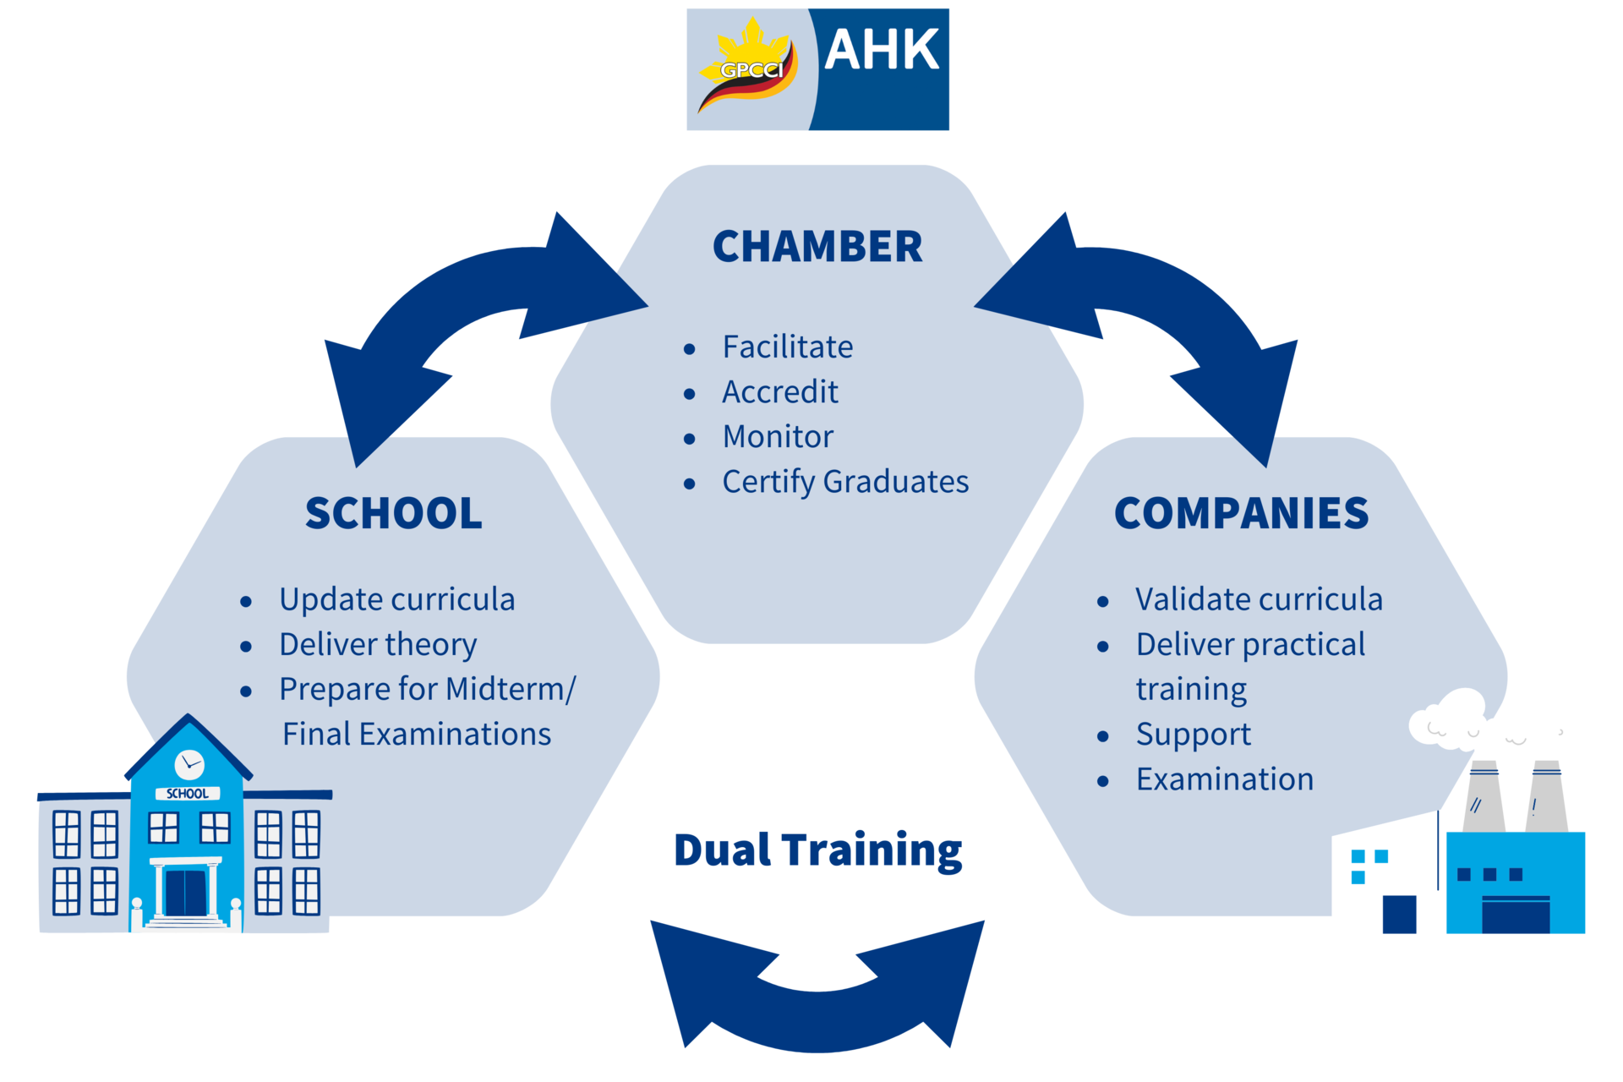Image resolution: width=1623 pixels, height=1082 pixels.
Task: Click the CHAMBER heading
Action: (817, 247)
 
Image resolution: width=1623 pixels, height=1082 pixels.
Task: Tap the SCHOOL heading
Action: (394, 513)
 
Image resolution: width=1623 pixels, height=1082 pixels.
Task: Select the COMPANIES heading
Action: (1241, 513)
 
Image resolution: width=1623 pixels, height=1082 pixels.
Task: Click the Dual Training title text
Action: (817, 850)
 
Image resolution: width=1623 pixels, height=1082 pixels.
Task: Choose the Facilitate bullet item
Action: (787, 347)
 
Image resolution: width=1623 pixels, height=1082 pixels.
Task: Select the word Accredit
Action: (779, 391)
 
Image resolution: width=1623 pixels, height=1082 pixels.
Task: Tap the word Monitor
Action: (778, 436)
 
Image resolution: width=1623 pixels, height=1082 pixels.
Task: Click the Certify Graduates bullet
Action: (845, 482)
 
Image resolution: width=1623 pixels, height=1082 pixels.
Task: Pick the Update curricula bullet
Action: (397, 599)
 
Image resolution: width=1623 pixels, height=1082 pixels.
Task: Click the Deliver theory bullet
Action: (378, 645)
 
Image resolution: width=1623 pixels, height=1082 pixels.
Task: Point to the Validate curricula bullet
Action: (1259, 599)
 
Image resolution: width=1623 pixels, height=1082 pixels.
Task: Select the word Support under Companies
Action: (1193, 735)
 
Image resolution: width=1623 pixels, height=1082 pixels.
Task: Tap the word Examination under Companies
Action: (1225, 779)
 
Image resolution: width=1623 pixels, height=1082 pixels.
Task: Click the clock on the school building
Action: (189, 764)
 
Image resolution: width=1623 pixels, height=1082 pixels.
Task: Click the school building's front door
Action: (186, 893)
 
